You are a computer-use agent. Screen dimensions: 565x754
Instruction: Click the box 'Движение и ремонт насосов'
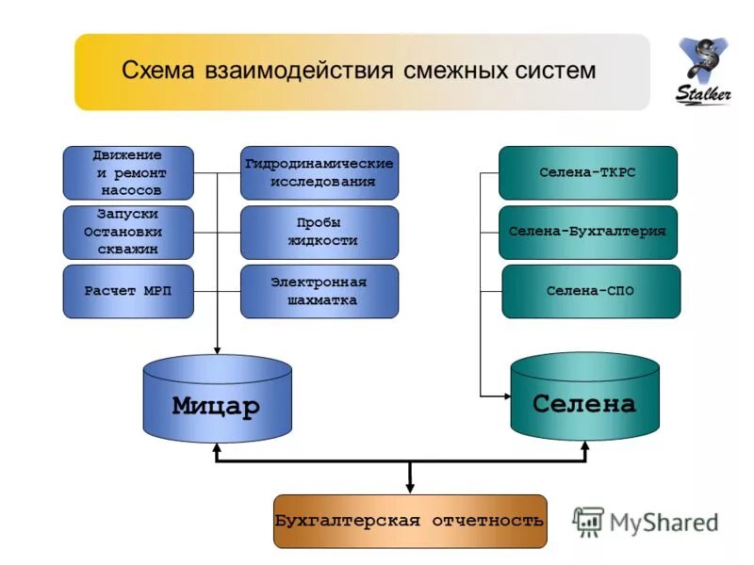[x=128, y=172]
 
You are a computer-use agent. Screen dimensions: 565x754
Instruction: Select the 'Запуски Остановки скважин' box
[x=128, y=233]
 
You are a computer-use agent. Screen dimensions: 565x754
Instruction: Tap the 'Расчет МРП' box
[x=128, y=291]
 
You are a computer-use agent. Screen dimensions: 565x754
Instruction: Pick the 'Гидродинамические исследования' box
[x=320, y=172]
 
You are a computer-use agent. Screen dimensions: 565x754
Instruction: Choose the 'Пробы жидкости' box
[x=320, y=233]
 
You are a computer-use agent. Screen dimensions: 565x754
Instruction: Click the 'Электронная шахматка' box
[x=320, y=291]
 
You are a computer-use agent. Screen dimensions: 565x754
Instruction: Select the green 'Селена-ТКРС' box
[x=588, y=173]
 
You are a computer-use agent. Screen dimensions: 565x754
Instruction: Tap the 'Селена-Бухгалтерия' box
[x=588, y=232]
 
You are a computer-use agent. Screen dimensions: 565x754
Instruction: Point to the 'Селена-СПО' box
[x=591, y=291]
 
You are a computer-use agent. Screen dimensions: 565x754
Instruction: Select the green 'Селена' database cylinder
[x=584, y=403]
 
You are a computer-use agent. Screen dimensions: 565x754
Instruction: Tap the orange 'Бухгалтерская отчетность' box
[x=410, y=521]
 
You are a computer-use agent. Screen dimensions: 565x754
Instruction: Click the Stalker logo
[x=703, y=73]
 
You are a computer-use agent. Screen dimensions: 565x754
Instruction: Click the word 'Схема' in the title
[x=157, y=72]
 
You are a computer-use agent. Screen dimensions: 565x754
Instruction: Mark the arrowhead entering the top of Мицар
[x=218, y=348]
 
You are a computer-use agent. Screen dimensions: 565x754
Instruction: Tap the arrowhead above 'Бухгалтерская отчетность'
[x=410, y=487]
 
